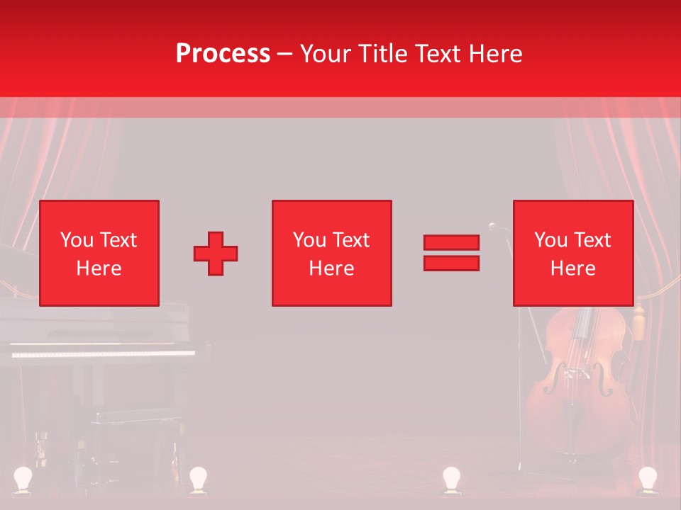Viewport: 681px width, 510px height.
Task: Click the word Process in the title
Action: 223,53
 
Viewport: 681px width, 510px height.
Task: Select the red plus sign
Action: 216,254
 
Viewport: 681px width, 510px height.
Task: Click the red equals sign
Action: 451,253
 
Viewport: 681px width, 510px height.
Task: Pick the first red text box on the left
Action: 99,253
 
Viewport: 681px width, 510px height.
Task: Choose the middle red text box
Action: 331,253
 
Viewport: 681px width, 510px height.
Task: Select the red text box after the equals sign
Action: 572,253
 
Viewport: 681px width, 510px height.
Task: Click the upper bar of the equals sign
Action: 451,243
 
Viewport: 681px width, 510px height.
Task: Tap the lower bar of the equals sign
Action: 451,263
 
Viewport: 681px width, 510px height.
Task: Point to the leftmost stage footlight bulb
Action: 24,478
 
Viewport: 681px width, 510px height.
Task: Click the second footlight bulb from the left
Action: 197,478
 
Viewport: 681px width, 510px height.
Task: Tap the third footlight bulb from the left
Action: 451,478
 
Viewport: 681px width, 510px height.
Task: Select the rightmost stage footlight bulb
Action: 647,478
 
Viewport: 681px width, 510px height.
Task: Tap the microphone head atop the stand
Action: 492,226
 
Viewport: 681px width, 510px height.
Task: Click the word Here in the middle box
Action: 331,268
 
